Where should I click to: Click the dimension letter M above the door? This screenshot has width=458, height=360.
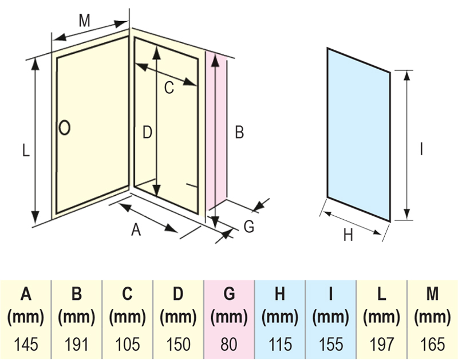tap(85, 21)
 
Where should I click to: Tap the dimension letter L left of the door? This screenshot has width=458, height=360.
tap(25, 151)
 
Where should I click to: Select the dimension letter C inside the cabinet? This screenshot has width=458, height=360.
tap(169, 88)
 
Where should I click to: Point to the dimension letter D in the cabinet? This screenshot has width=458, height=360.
tap(147, 133)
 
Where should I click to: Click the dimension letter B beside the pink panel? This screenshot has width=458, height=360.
tap(239, 133)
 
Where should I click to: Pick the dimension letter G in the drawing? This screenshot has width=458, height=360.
tap(248, 227)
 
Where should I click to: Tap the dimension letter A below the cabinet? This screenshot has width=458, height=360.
tap(136, 230)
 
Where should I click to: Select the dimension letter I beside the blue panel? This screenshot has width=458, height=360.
tap(421, 149)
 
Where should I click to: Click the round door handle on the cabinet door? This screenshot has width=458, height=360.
tap(65, 127)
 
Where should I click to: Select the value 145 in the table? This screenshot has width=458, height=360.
tap(26, 345)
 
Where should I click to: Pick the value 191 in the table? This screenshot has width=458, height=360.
tap(77, 345)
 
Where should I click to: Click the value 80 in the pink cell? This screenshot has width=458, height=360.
tap(229, 345)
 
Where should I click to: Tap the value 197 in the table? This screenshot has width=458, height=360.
tap(382, 345)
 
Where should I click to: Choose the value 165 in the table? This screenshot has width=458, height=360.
tap(432, 345)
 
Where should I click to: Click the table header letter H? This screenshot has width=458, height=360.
tap(280, 295)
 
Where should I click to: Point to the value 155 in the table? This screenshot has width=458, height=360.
tap(331, 345)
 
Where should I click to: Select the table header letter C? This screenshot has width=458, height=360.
tap(127, 295)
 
